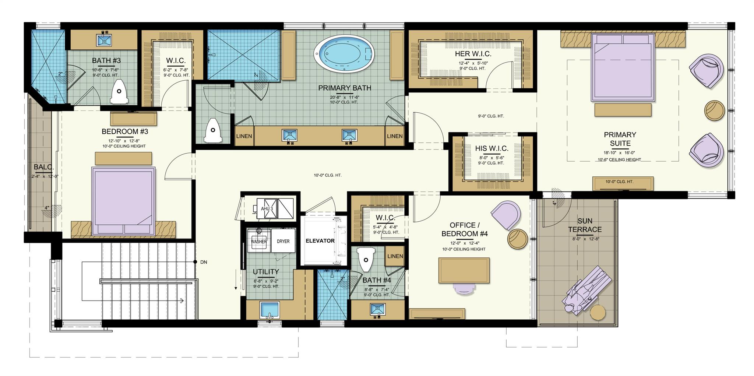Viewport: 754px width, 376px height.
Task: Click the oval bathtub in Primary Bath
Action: [344, 53]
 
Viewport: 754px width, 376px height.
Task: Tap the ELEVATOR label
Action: [320, 241]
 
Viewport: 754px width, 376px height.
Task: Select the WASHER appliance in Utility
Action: [259, 241]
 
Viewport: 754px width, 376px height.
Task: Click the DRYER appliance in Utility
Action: [283, 241]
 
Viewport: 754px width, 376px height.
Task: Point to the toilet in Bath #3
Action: [119, 92]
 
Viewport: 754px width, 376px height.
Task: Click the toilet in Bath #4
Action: [366, 259]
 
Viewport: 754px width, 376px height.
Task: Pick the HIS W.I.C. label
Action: [491, 148]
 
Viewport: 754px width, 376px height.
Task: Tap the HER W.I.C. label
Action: [473, 54]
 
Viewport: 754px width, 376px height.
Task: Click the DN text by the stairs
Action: [204, 262]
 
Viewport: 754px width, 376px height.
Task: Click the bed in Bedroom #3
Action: [123, 201]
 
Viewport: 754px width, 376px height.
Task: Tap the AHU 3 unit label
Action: [267, 209]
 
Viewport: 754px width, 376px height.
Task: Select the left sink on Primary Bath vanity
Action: [289, 136]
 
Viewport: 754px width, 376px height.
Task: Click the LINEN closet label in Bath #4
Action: [395, 256]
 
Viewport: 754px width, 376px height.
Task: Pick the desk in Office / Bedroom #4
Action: [464, 270]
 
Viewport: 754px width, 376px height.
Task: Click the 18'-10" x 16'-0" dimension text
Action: [620, 152]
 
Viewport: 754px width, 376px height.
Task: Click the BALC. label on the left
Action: [43, 167]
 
